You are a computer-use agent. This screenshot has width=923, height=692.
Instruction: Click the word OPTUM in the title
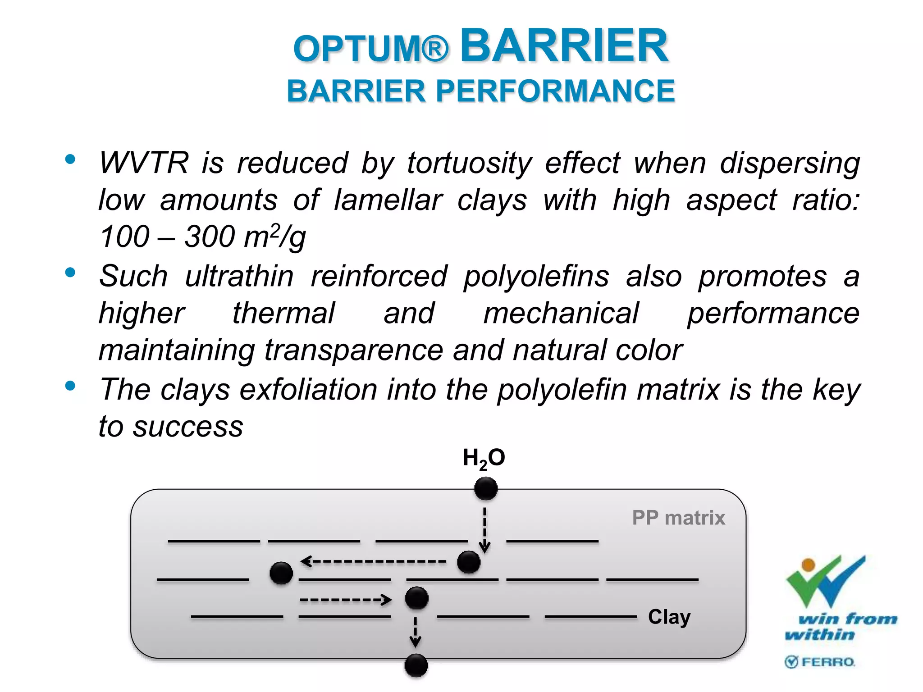363,49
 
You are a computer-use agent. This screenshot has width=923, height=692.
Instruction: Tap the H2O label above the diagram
484,458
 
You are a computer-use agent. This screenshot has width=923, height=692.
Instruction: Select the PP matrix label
678,518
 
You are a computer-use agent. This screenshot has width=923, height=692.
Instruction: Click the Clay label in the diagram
669,617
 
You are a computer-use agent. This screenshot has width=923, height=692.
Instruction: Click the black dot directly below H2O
485,488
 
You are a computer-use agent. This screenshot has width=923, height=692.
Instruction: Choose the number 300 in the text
210,237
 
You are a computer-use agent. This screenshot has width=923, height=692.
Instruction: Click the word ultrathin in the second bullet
239,276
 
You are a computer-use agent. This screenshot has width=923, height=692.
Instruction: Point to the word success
188,427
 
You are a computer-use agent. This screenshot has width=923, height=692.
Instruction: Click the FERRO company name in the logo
827,662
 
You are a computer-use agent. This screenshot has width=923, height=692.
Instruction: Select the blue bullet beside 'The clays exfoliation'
70,386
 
